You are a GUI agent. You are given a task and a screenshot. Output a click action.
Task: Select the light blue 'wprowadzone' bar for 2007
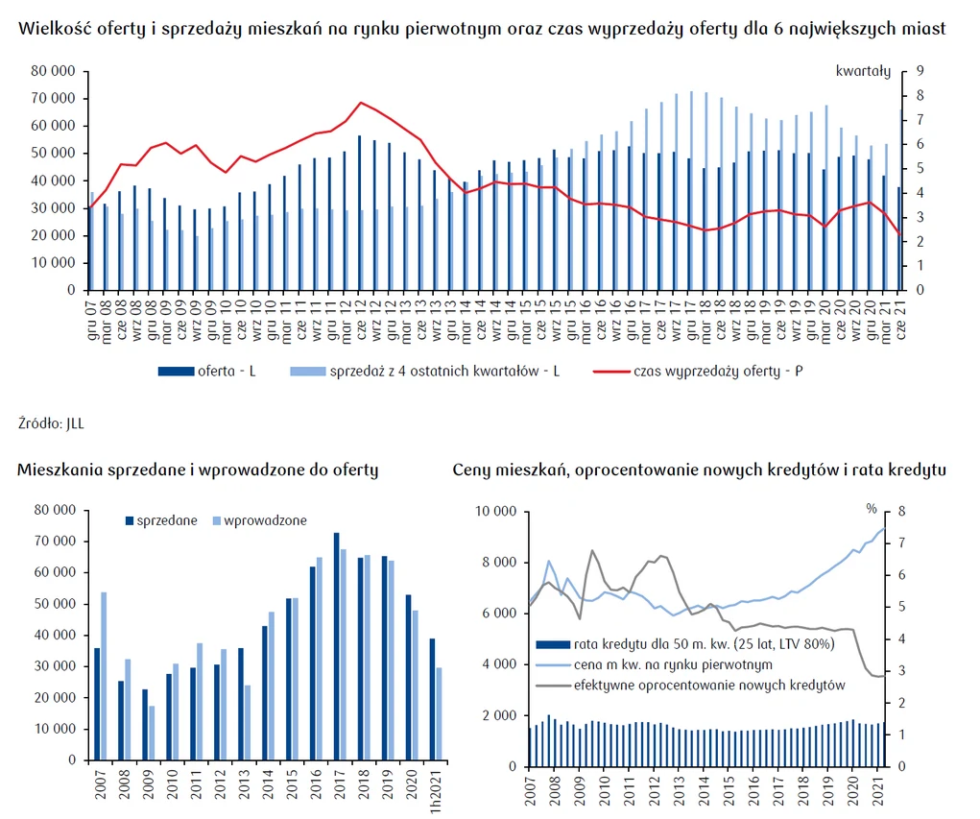(x=104, y=676)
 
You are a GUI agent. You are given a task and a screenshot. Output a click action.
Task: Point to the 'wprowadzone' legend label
(x=258, y=520)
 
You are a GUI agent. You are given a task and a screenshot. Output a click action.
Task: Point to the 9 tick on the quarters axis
(x=920, y=71)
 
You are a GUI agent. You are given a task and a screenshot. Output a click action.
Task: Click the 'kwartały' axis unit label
(x=863, y=70)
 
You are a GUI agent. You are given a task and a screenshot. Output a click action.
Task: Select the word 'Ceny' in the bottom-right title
(x=472, y=470)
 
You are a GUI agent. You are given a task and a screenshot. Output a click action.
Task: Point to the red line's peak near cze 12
(x=360, y=103)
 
